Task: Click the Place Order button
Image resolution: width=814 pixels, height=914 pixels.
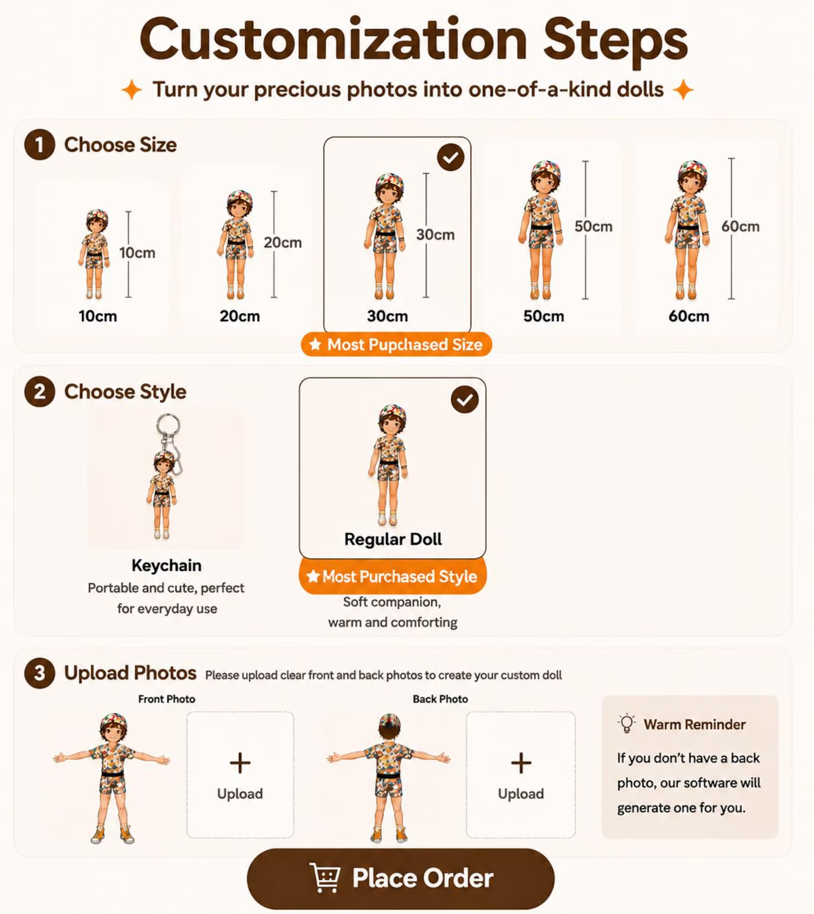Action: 400,879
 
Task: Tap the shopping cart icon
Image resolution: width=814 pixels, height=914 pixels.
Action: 325,877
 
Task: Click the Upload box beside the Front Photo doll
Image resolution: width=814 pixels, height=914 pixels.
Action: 240,775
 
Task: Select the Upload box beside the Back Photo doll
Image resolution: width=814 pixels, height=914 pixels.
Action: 520,775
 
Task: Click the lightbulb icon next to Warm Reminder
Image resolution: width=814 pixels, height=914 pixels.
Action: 627,724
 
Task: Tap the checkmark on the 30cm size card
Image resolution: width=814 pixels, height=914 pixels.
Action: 450,158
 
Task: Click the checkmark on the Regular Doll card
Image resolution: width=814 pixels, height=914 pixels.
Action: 465,399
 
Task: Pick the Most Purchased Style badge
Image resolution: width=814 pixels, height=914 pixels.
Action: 393,576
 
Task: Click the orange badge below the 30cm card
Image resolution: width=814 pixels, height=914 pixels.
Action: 396,344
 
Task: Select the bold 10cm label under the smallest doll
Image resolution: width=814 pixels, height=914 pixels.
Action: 98,316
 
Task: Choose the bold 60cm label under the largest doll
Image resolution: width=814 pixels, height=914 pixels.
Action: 689,316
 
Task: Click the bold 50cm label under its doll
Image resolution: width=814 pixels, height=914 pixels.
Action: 543,316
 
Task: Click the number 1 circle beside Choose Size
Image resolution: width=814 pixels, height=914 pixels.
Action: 39,145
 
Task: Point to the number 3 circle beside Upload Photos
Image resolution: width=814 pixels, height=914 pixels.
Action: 39,673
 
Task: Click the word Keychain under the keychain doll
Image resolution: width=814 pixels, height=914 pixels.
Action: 166,565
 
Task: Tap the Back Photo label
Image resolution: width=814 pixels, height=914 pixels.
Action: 440,699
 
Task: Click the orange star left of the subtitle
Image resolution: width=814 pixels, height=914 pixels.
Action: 132,90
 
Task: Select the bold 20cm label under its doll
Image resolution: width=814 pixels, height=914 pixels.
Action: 239,316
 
